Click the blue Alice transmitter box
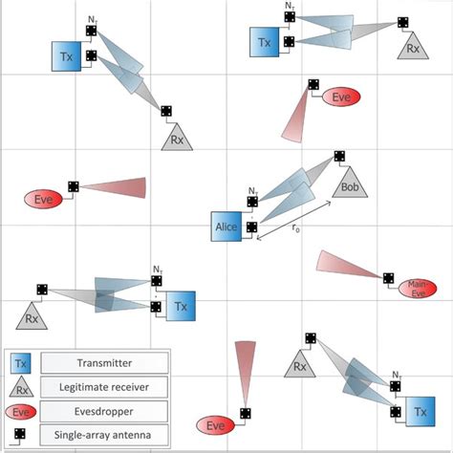click(x=225, y=226)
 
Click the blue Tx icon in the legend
click(x=21, y=363)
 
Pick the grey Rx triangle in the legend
click(x=21, y=389)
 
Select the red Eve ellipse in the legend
click(x=21, y=412)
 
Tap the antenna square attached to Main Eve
click(x=388, y=278)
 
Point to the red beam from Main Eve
click(x=348, y=266)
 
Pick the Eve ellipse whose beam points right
click(x=43, y=199)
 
